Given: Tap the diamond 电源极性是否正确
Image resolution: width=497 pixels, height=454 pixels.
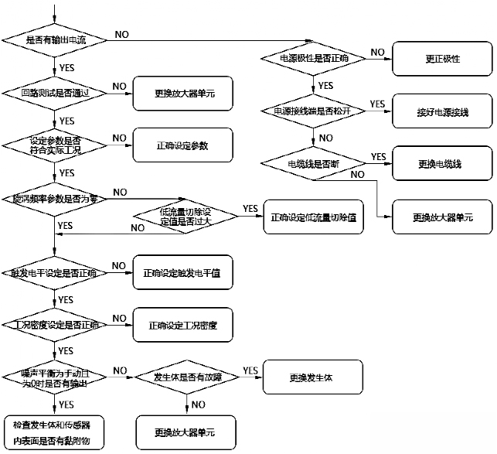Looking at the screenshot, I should click(x=312, y=58).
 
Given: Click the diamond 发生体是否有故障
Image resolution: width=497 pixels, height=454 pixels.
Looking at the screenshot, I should click(x=187, y=377).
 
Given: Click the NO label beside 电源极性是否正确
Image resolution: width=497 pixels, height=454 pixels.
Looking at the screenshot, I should click(x=377, y=52).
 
